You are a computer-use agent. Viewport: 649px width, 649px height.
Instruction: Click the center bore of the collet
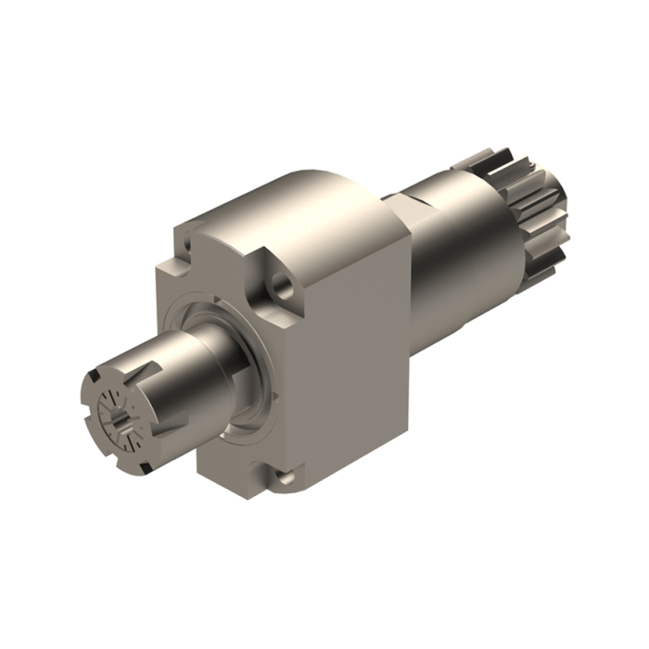(119, 422)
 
